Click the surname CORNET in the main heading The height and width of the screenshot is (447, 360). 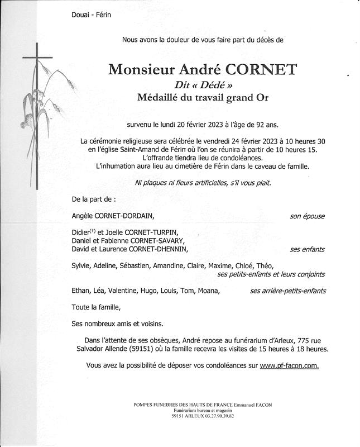[x=260, y=70]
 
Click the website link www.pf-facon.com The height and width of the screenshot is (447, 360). [x=289, y=365]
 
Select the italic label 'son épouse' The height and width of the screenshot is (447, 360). [x=307, y=216]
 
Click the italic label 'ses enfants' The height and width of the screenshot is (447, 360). [x=307, y=249]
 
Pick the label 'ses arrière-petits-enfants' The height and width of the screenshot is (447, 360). [x=287, y=291]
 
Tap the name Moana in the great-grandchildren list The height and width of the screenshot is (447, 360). [x=209, y=291]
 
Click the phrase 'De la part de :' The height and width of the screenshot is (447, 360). [x=94, y=198]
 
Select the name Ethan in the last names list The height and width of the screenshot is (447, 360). [x=81, y=291]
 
